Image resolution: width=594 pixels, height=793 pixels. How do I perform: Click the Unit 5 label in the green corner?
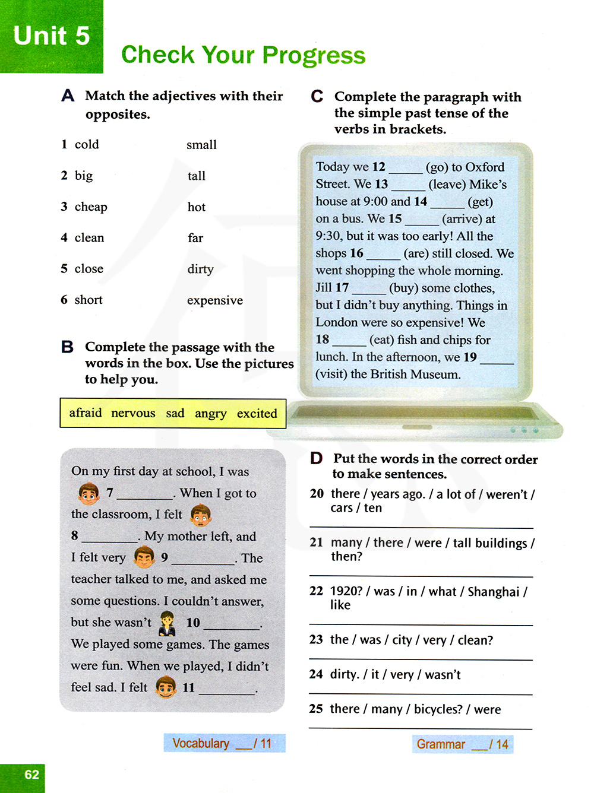(x=51, y=36)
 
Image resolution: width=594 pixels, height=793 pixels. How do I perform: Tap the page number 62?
(x=31, y=775)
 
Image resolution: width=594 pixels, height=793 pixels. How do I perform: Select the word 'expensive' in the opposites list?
(x=214, y=300)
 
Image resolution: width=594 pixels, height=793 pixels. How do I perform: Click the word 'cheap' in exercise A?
(x=91, y=207)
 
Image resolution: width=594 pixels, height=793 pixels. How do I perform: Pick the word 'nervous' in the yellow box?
(x=133, y=413)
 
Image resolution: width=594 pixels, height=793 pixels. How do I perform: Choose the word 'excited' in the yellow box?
(x=257, y=414)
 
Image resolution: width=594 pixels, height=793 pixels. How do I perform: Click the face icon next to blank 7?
(x=89, y=493)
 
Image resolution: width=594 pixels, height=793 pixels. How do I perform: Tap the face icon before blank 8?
(x=201, y=515)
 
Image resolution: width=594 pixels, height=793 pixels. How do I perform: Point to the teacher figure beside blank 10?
(x=168, y=623)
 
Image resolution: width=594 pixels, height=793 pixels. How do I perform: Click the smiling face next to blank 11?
(x=166, y=687)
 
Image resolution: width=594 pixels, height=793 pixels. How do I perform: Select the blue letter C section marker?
(x=317, y=96)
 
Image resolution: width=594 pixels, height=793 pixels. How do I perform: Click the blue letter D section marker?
(x=317, y=458)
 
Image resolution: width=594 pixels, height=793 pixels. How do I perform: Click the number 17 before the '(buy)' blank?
(x=342, y=288)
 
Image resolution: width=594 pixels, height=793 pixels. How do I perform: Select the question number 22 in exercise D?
(x=316, y=591)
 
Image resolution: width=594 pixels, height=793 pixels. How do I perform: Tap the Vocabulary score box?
(x=224, y=743)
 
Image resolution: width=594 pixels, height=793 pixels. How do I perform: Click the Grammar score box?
(x=462, y=744)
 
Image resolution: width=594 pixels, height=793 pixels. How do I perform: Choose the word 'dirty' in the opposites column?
(x=200, y=269)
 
